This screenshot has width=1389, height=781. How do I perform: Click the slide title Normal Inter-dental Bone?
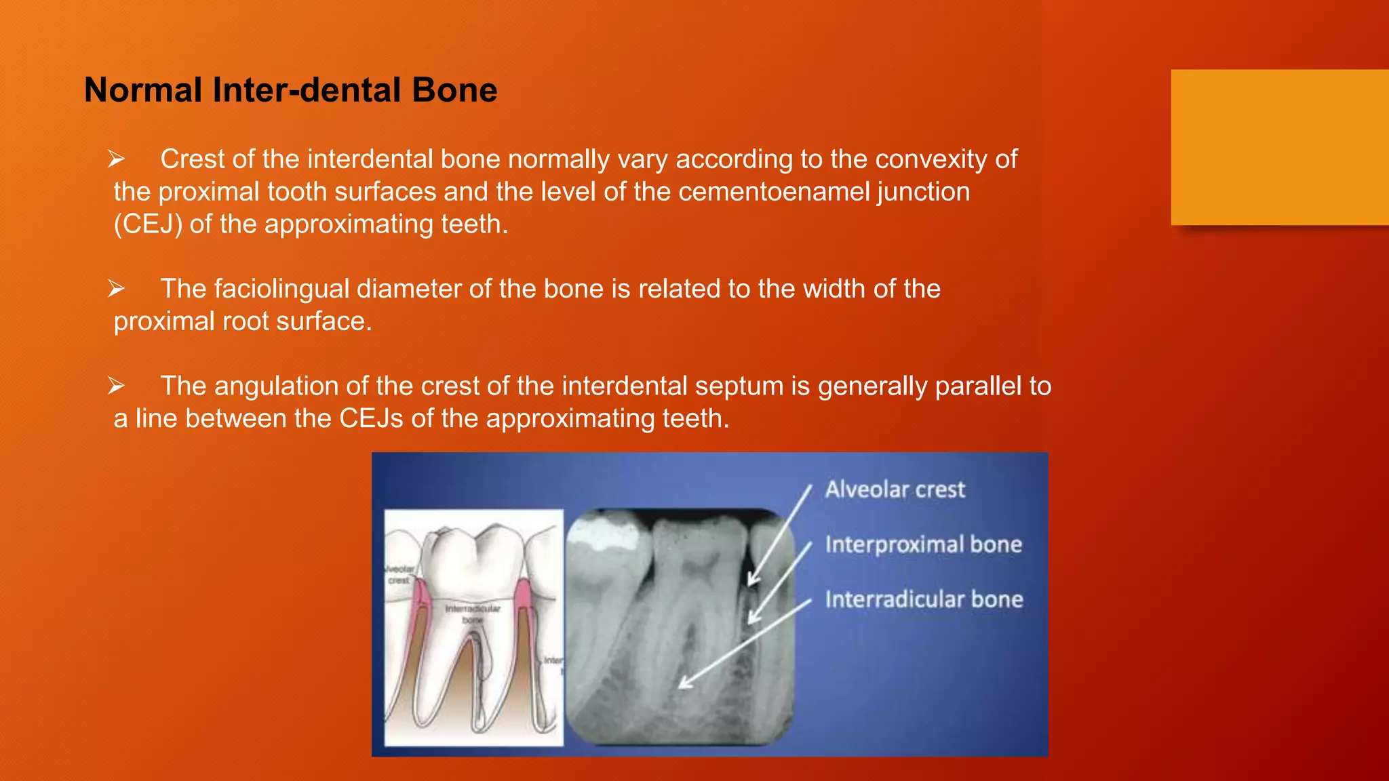(290, 90)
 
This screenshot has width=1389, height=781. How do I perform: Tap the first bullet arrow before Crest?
(116, 159)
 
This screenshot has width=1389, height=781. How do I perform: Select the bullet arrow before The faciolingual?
(116, 289)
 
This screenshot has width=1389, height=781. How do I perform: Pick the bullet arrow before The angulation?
(116, 386)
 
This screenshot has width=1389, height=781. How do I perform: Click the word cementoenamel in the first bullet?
(774, 192)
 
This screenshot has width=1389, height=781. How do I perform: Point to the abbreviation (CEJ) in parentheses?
(148, 224)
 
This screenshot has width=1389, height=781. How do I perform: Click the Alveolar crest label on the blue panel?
(895, 489)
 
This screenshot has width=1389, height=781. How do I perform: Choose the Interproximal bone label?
(923, 544)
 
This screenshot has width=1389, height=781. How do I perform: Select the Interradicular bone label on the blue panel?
(924, 599)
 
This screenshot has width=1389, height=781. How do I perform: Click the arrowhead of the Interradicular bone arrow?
(683, 685)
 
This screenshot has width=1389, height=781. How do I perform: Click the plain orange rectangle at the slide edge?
(1279, 147)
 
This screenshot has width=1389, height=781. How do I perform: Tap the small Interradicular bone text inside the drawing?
(473, 614)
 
